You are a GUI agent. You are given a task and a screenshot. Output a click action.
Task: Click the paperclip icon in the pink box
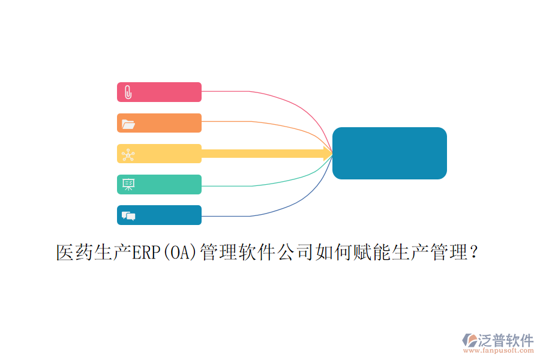click(128, 92)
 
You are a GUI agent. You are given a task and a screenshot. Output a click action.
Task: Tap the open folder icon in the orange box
click(128, 124)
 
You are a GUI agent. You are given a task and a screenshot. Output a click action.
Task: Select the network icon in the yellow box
click(128, 154)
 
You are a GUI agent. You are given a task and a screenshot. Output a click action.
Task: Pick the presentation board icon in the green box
click(128, 185)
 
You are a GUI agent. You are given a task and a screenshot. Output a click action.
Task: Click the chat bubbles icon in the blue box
click(128, 215)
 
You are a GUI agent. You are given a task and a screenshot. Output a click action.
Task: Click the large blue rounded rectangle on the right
click(389, 153)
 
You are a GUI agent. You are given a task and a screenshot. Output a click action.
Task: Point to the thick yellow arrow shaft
click(264, 154)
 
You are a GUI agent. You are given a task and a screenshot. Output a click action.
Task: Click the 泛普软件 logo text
click(506, 340)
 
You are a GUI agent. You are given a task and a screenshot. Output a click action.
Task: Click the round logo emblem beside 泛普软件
click(469, 340)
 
